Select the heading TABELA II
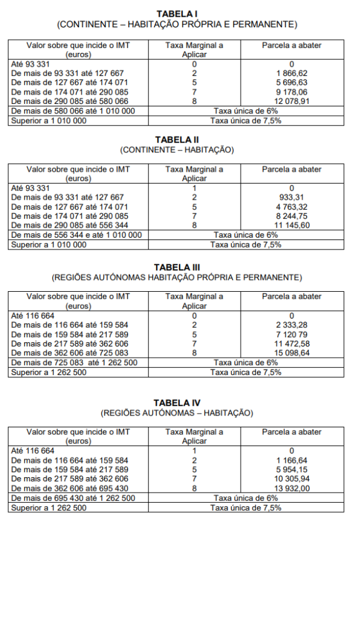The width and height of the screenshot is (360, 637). (x=177, y=140)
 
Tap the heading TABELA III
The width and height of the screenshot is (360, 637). (x=177, y=267)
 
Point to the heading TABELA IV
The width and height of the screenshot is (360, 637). (x=177, y=402)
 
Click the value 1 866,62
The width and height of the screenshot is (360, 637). (x=292, y=73)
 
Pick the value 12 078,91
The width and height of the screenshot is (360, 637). (x=292, y=101)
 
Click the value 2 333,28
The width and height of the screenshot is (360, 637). (x=292, y=325)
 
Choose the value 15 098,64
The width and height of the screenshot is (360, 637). (x=292, y=352)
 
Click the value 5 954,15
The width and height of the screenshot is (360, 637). (x=292, y=470)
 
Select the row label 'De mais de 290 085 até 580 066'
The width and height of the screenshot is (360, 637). (x=70, y=101)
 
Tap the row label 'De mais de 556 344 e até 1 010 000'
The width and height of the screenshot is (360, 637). (x=76, y=235)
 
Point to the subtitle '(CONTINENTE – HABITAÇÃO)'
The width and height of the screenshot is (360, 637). (x=177, y=150)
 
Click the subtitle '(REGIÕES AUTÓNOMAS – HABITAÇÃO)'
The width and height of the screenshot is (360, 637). (x=177, y=412)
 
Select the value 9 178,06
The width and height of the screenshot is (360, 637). (x=292, y=91)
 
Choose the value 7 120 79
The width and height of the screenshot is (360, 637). (x=292, y=334)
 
